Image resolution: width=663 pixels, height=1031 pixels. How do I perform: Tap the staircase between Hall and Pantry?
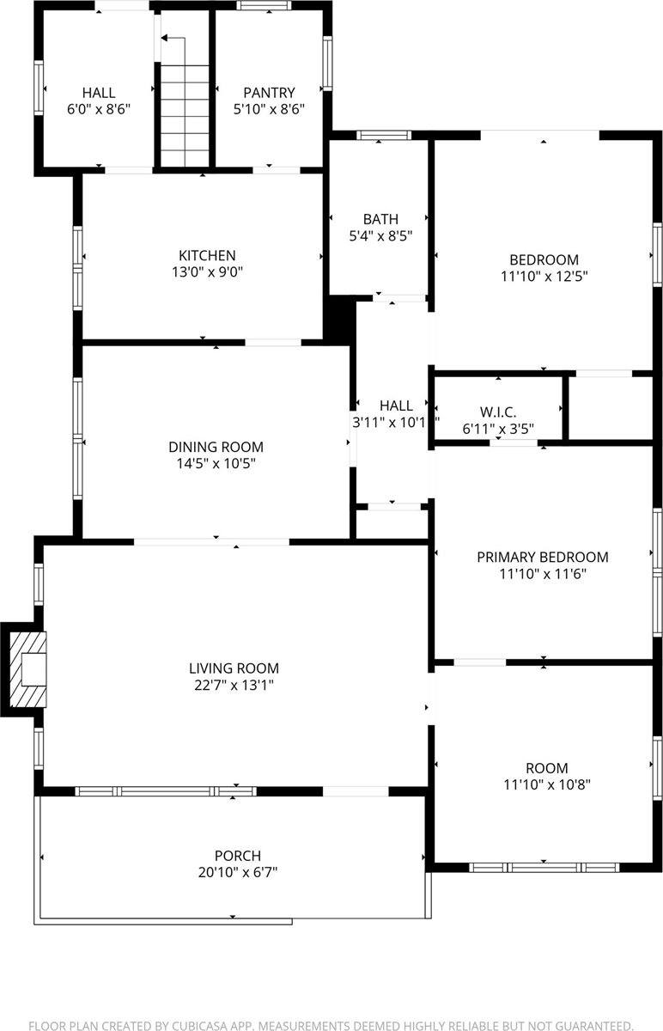tap(185, 112)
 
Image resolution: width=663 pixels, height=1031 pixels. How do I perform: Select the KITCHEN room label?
tap(206, 255)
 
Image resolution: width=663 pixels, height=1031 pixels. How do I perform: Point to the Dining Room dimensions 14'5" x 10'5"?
tap(216, 464)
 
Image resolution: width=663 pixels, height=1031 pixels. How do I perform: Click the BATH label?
tap(380, 219)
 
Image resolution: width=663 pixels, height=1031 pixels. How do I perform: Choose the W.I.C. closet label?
tap(499, 412)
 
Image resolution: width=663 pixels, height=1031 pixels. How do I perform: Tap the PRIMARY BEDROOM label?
tap(542, 557)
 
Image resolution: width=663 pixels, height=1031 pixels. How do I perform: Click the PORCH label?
tap(237, 856)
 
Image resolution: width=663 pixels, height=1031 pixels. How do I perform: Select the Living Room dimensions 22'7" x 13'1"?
tap(234, 685)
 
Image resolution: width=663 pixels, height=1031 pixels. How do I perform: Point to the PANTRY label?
tap(269, 93)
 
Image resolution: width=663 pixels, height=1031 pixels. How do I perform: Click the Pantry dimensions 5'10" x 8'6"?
tap(269, 109)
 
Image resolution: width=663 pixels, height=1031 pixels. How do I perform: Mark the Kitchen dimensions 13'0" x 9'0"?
tap(206, 272)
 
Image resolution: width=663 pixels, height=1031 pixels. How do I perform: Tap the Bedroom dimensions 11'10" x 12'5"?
tap(544, 277)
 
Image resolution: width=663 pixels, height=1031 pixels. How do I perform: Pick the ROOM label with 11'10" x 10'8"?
tap(547, 768)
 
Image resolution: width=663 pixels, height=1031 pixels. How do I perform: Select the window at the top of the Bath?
tap(384, 135)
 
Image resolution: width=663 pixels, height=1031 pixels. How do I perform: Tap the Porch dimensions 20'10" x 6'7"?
tap(237, 872)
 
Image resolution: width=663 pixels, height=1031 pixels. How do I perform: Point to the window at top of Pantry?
tap(264, 6)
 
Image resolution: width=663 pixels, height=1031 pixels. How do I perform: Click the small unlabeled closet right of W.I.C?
tap(611, 408)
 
